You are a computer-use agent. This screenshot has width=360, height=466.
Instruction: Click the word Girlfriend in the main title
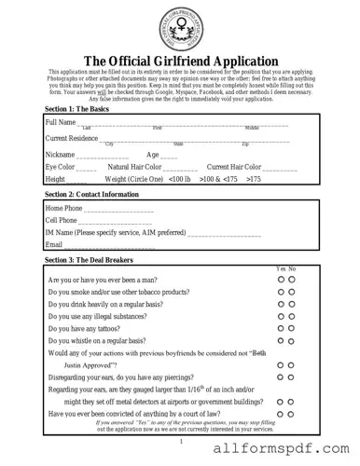click(x=179, y=62)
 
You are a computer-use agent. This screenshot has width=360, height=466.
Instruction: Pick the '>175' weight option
click(x=254, y=178)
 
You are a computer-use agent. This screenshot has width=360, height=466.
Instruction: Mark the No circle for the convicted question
click(x=292, y=414)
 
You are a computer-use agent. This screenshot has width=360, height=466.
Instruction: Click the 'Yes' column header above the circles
click(x=281, y=269)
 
